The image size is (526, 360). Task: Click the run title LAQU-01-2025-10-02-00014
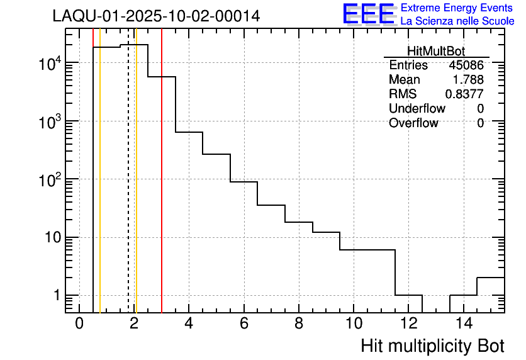coord(156,16)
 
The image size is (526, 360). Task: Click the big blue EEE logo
coord(369,14)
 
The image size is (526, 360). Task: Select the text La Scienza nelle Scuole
coord(457,21)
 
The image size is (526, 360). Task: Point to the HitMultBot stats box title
coord(437,52)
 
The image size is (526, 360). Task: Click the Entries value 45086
coord(466,65)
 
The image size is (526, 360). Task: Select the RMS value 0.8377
coord(464,94)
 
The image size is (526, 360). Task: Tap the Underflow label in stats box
coord(417,108)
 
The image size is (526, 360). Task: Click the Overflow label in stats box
coord(413,123)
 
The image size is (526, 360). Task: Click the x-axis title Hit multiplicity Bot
coord(432,346)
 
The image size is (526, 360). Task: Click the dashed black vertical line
coord(128,189)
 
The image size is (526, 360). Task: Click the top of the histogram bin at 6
coord(244,182)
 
